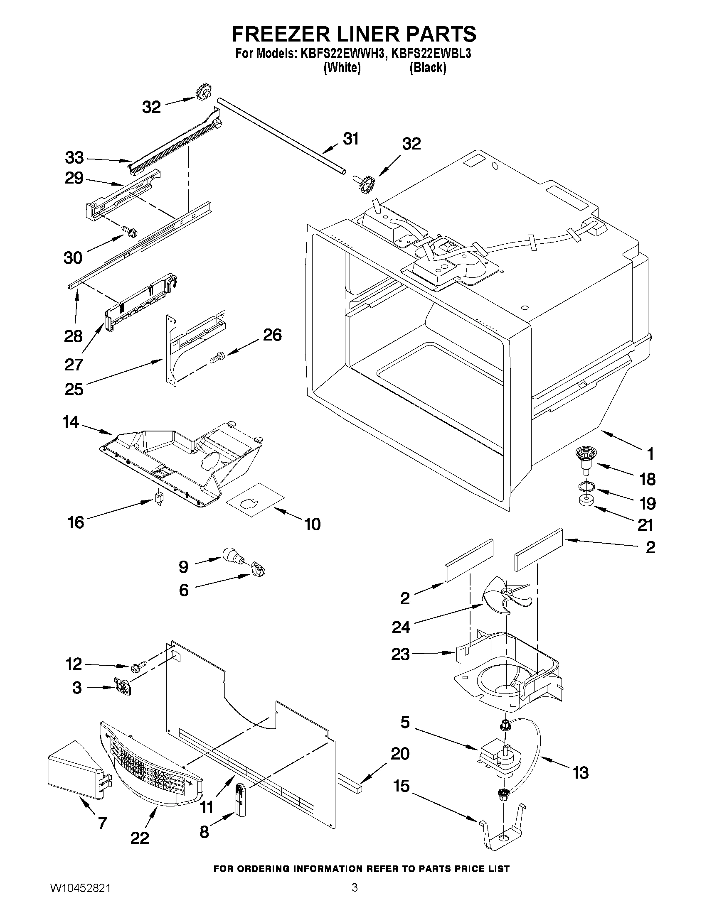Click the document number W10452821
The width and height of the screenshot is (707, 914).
[80, 898]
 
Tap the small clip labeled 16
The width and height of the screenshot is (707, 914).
[159, 497]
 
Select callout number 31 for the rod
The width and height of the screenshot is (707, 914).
[351, 139]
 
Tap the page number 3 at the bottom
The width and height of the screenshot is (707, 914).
[355, 897]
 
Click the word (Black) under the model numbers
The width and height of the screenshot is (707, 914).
[427, 67]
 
